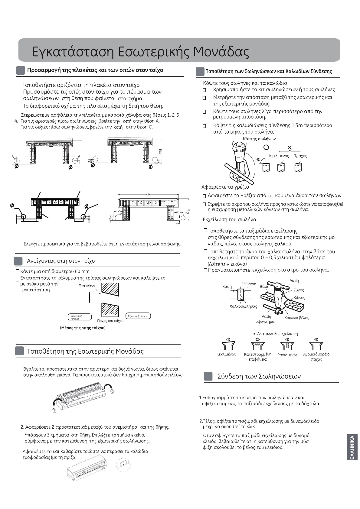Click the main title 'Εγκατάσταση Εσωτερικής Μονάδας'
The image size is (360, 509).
click(x=140, y=52)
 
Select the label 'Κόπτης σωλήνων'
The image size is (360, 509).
click(x=259, y=139)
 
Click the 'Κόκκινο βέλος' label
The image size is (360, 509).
click(x=296, y=318)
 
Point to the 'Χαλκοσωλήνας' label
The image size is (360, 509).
click(x=243, y=306)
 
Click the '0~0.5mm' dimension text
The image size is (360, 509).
click(x=249, y=284)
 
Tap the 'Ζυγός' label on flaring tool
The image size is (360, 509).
click(x=299, y=290)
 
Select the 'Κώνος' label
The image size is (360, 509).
click(x=299, y=298)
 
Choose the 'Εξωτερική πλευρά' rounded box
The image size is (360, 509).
click(x=138, y=316)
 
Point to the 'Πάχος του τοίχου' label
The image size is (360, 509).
click(x=110, y=321)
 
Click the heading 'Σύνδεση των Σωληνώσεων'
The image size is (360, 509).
click(x=259, y=376)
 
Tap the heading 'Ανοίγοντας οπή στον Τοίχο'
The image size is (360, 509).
click(x=61, y=261)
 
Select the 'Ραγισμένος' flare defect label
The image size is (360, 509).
click(x=287, y=355)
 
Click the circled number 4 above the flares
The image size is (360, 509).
click(x=316, y=339)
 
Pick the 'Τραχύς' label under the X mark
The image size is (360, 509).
click(x=300, y=156)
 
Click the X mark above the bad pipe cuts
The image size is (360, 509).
click(x=290, y=148)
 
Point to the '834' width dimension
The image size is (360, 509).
click(x=148, y=194)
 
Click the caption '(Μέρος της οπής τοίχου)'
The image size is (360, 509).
click(x=83, y=328)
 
